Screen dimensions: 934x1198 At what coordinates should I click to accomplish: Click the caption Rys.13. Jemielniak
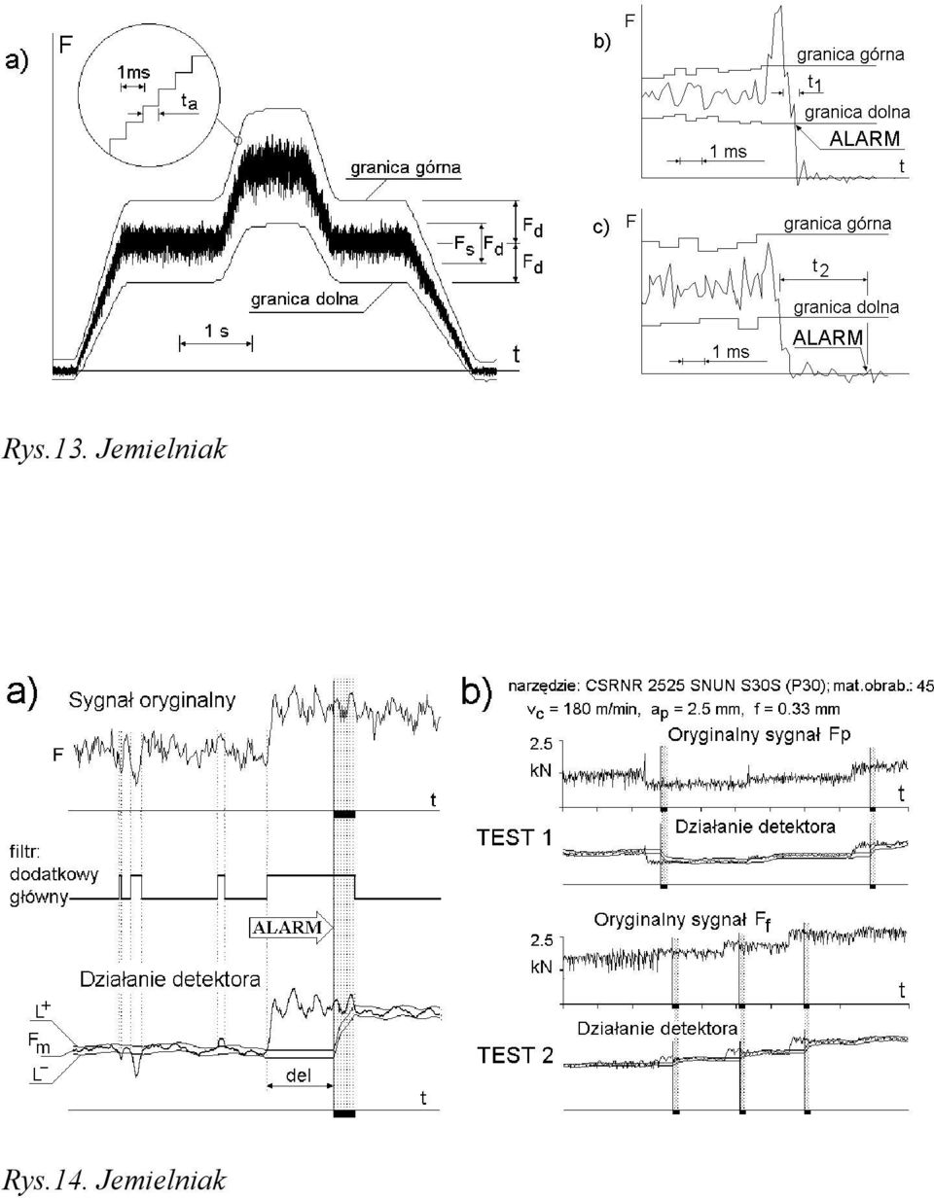[x=114, y=450]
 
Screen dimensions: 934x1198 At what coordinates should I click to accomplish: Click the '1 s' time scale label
[x=217, y=331]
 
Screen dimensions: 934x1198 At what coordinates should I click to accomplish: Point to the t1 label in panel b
[x=815, y=83]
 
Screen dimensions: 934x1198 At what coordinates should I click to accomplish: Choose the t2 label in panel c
[x=820, y=267]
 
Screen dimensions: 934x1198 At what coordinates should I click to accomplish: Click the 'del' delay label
[x=300, y=1075]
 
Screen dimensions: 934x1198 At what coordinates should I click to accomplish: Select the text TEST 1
[x=514, y=837]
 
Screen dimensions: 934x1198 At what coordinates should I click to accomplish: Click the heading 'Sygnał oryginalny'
[x=152, y=701]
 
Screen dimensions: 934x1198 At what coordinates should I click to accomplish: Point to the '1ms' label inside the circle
[x=133, y=72]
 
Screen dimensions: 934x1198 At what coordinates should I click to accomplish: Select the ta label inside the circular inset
[x=189, y=101]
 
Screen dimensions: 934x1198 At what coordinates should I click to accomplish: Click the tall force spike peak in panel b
[x=778, y=22]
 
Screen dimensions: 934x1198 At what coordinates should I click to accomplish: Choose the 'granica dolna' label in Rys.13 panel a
[x=305, y=299]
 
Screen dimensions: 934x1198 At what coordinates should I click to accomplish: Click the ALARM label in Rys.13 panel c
[x=828, y=338]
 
